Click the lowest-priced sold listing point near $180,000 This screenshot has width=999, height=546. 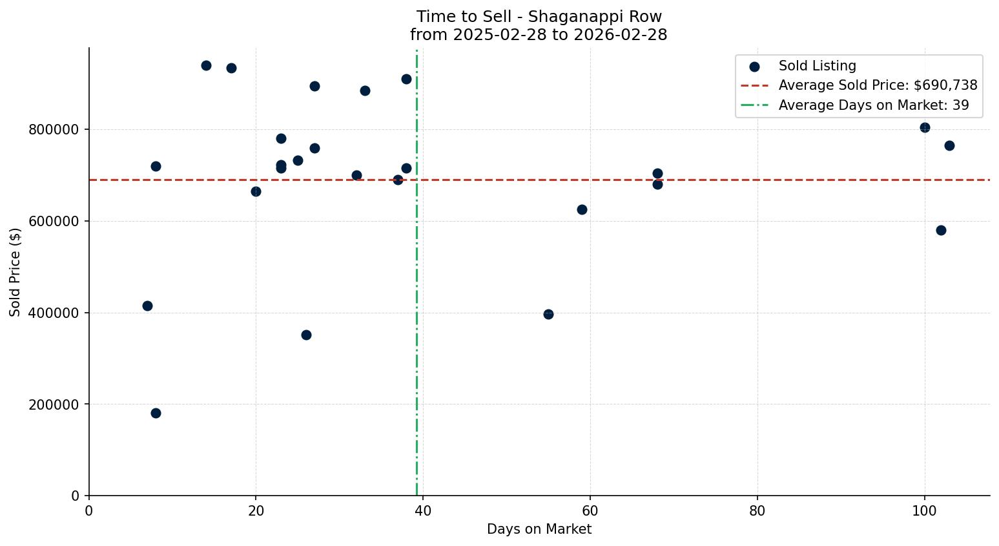pos(156,413)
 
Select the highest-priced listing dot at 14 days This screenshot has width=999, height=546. pos(206,65)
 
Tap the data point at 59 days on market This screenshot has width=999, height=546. pos(582,209)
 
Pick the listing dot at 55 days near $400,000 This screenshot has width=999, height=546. pos(548,314)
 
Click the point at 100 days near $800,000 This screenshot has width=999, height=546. pos(925,127)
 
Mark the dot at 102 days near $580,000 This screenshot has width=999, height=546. pos(941,230)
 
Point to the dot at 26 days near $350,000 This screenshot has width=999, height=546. pos(306,335)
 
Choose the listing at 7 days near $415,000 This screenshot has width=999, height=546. pos(147,306)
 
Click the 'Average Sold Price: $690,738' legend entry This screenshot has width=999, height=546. pos(878,85)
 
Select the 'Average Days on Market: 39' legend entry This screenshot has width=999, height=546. pos(873,105)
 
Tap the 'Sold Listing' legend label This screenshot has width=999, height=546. pos(817,66)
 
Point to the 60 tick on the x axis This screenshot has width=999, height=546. pos(590,511)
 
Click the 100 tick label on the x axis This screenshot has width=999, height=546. pos(925,511)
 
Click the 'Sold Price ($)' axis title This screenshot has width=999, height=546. pos(15,272)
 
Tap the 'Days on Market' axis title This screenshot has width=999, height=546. pos(539,529)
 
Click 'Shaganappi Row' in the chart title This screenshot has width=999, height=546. pos(595,17)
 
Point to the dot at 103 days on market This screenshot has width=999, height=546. pos(949,145)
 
